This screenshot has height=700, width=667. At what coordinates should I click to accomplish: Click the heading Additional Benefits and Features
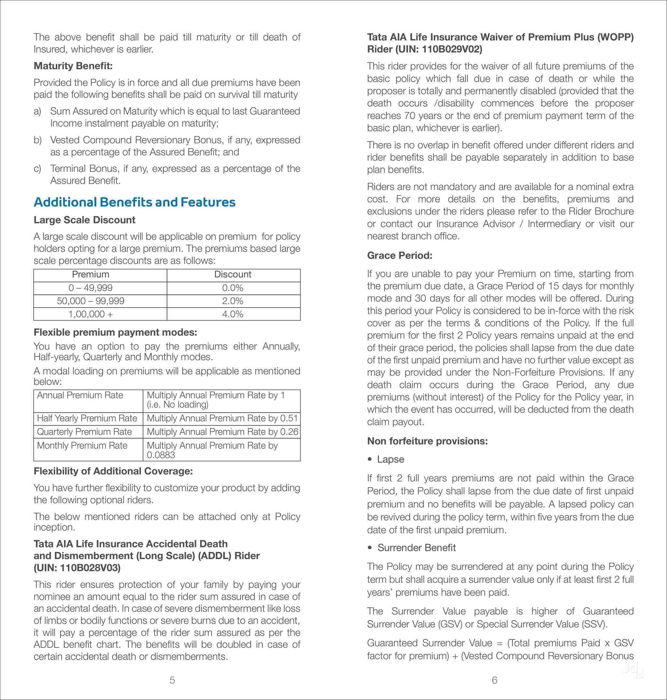[135, 202]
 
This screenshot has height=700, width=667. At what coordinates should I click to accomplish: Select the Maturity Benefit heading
[73, 66]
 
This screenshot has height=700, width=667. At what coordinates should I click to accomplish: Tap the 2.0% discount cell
[233, 301]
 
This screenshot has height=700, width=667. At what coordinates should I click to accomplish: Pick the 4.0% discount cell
[233, 314]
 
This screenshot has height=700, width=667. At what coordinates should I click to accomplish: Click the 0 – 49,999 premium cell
[91, 288]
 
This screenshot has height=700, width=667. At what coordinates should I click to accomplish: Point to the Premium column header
[91, 274]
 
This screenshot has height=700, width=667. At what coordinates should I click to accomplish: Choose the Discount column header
[233, 274]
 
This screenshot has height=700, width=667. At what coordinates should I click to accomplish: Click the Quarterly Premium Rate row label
[85, 432]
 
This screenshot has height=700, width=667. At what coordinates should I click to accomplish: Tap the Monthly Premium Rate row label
[82, 446]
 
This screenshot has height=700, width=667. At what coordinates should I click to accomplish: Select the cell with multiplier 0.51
[222, 418]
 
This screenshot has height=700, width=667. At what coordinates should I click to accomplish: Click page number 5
[172, 680]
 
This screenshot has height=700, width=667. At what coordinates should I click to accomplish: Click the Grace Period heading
[400, 255]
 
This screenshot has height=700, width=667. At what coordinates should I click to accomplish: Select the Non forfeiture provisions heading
[427, 441]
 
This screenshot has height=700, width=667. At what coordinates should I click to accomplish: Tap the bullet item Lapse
[390, 459]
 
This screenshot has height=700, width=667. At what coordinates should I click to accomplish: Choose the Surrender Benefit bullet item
[416, 548]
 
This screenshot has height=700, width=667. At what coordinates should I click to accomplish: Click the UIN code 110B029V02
[451, 49]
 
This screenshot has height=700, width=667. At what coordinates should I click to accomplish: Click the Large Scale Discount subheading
[84, 220]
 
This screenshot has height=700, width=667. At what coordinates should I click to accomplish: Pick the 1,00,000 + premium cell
[91, 314]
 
